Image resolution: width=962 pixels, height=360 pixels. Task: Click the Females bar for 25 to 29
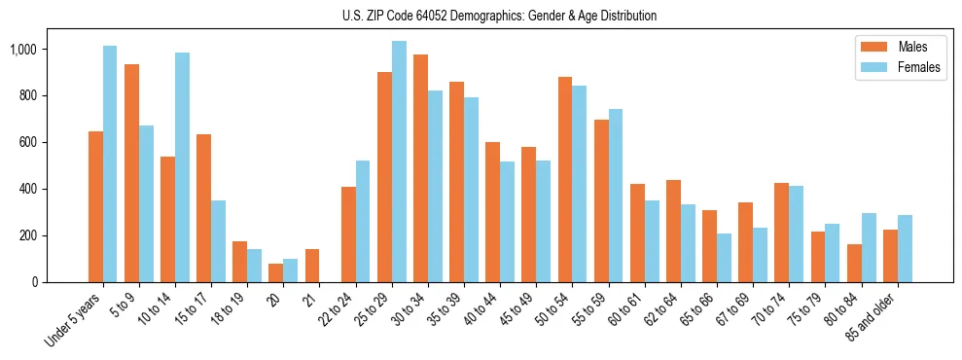[x=399, y=162]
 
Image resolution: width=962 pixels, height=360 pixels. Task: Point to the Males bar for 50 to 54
[x=565, y=179]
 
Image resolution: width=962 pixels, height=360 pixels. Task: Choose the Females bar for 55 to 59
[x=616, y=196]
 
